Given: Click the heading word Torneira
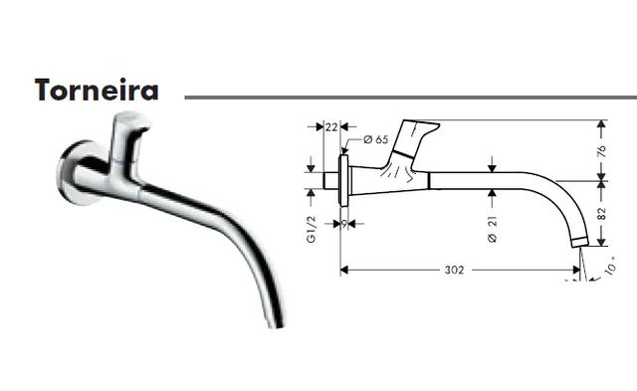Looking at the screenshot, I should [96, 90].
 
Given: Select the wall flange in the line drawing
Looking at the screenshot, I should [343, 180].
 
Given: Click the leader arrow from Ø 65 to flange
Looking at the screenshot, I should [352, 147].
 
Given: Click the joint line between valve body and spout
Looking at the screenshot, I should [427, 180].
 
